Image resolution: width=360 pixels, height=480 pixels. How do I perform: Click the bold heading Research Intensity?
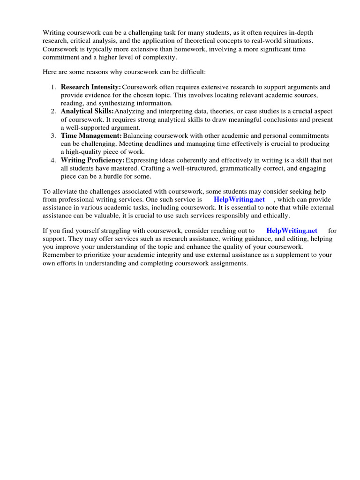point(90,87)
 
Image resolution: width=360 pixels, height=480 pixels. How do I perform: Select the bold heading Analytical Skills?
point(87,112)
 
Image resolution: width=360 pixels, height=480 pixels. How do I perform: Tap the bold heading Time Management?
point(91,135)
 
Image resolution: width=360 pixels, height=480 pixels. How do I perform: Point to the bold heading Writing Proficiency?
point(92,160)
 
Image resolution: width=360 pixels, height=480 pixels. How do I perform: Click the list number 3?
point(53,135)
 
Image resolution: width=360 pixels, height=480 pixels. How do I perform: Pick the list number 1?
point(53,87)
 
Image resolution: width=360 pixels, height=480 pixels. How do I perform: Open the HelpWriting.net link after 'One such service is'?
point(239,199)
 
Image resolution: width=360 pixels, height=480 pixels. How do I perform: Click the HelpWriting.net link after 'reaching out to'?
point(292,231)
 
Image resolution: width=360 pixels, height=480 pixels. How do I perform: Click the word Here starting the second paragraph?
point(50,72)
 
